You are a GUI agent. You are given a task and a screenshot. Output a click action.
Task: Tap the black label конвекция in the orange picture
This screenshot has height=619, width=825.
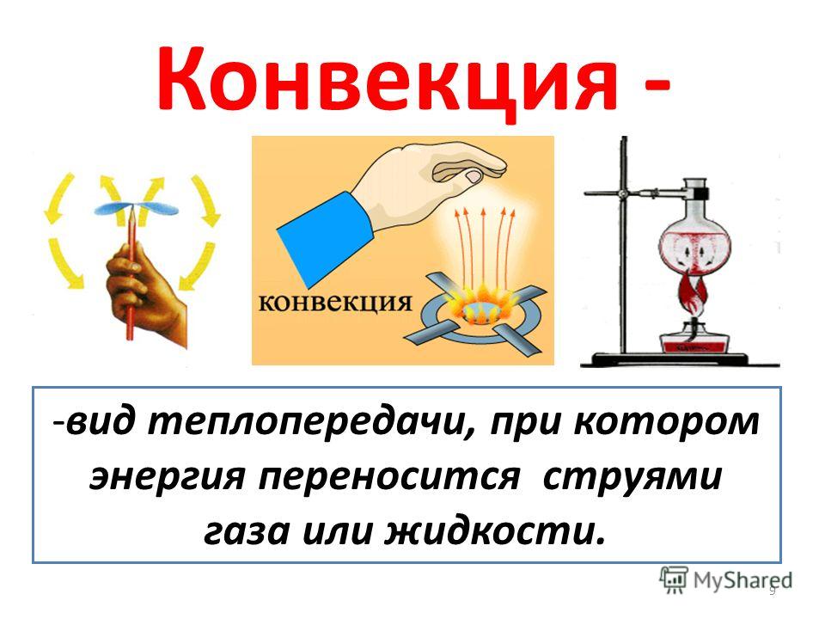pyautogui.click(x=335, y=303)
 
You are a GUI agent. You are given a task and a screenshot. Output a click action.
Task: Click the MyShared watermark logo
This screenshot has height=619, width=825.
pyautogui.click(x=725, y=580)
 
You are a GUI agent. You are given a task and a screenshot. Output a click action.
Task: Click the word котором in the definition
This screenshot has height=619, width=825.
pyautogui.click(x=666, y=423)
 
